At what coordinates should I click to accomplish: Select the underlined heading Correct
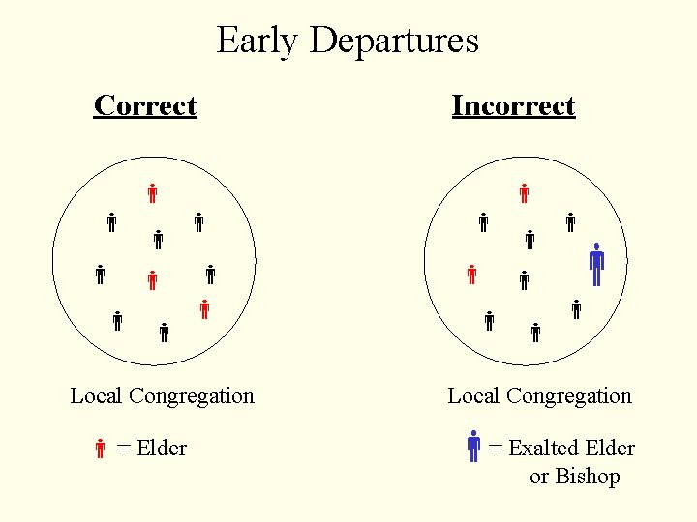[145, 105]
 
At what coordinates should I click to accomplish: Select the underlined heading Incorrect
[513, 105]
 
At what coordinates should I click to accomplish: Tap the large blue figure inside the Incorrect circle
[596, 264]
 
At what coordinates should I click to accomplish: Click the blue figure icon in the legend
[473, 446]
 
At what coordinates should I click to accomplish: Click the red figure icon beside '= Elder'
[100, 448]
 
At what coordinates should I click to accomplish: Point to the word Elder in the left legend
[162, 448]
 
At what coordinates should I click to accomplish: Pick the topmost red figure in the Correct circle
[152, 192]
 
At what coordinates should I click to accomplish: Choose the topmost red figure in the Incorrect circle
[524, 192]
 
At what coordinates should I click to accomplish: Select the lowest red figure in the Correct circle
[204, 310]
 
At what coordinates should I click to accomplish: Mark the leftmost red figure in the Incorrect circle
[471, 275]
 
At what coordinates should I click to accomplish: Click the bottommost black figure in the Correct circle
[164, 333]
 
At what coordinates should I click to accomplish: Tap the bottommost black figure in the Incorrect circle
[535, 333]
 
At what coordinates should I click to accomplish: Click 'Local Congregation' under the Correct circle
[162, 395]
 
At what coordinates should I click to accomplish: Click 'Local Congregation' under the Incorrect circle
[539, 395]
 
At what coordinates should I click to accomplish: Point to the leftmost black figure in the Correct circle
[100, 274]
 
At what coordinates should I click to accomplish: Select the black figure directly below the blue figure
[576, 310]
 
